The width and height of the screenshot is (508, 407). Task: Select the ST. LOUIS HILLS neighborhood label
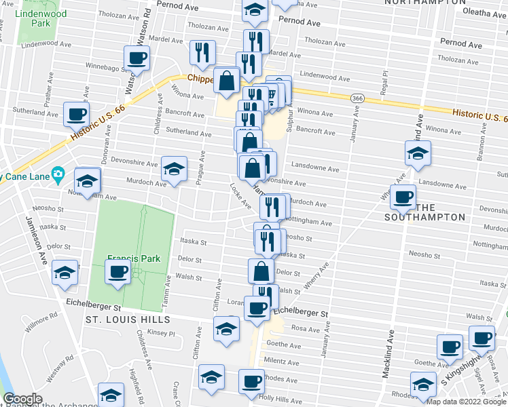(x=131, y=319)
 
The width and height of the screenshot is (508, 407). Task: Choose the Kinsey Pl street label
(x=162, y=333)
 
